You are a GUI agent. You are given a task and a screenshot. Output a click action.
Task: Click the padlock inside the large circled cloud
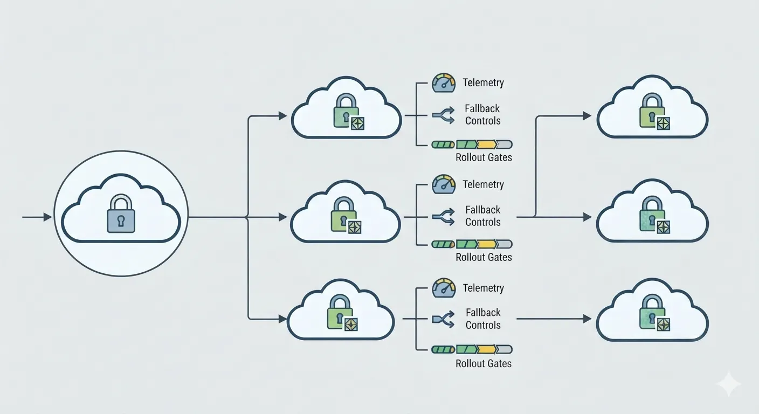pos(121,213)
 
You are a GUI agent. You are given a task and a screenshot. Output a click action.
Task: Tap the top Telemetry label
pos(483,82)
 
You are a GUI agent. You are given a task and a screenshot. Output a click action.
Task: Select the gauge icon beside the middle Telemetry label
pos(444,184)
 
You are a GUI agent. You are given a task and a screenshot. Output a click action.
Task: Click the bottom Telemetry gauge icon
pos(444,288)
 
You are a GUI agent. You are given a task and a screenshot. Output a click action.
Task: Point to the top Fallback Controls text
pos(482,114)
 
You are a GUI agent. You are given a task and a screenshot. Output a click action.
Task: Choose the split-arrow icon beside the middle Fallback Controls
pos(444,217)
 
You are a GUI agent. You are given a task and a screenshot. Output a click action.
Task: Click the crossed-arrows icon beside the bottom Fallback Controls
pos(444,319)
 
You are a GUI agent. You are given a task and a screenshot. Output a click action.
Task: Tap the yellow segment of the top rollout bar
pos(487,144)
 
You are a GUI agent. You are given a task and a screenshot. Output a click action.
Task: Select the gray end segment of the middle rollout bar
pos(505,244)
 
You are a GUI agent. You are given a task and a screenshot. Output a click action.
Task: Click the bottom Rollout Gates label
pos(484,363)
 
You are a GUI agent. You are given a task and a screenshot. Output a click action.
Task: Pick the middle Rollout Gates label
pos(484,257)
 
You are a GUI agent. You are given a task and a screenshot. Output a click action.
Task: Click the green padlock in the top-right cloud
pos(652,111)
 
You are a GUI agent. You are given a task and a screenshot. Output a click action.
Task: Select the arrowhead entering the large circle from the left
pos(48,217)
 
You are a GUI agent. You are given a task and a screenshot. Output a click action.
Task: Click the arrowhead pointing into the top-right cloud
pos(587,116)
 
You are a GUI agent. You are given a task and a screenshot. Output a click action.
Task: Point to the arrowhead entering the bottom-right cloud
pos(587,319)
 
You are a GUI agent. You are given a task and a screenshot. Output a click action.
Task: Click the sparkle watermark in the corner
pos(728,384)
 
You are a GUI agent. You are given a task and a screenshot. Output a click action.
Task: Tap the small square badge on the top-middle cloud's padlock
pos(357,123)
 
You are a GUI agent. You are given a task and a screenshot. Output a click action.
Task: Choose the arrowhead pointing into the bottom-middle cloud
pos(283,319)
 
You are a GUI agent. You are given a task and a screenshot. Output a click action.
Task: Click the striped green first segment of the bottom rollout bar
pos(443,350)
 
